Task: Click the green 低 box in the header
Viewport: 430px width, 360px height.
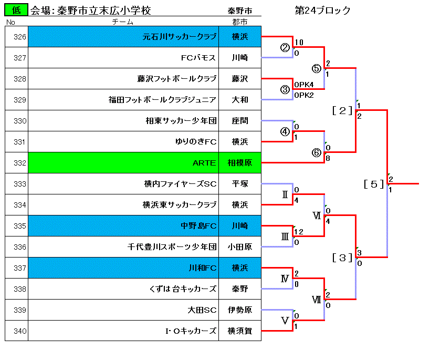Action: [16, 10]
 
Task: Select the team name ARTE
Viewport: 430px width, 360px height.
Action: [204, 163]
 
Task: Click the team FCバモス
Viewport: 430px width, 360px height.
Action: [198, 58]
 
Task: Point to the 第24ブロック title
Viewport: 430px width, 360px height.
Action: [322, 10]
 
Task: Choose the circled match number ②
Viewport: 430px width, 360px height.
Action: [285, 47]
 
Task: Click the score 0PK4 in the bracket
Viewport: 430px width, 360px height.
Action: [304, 85]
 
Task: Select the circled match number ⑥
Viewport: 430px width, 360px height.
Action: [317, 152]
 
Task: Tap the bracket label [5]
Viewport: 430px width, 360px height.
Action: [374, 184]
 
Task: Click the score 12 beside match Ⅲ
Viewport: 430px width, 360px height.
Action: [299, 232]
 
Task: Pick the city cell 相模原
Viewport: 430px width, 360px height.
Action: [240, 163]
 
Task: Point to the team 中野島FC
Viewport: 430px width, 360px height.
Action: [198, 225]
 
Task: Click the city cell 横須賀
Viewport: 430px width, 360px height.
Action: [240, 331]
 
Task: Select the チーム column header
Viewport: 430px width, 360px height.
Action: [123, 22]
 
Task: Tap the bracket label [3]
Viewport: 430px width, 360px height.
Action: [342, 258]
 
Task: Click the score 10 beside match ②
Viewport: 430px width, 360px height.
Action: [299, 42]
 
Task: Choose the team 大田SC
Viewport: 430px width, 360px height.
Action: [202, 310]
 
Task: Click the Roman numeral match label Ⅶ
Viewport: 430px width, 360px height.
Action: [317, 300]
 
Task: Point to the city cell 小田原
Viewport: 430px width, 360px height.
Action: [240, 247]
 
